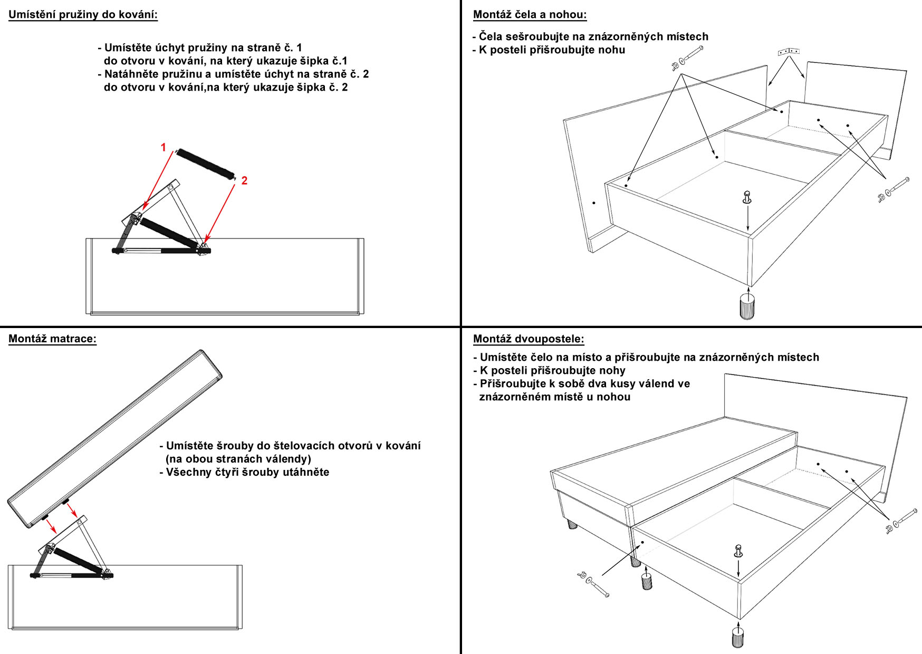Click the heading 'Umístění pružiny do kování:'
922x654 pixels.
(83, 15)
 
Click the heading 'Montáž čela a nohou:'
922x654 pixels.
(530, 15)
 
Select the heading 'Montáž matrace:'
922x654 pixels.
(53, 339)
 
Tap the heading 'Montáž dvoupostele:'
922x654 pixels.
(529, 339)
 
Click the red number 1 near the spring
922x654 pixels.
(164, 147)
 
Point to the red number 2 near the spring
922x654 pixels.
(244, 181)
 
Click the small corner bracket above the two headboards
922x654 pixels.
(789, 51)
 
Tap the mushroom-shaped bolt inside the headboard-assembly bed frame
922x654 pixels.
(747, 197)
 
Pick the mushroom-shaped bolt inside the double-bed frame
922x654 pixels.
(738, 551)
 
